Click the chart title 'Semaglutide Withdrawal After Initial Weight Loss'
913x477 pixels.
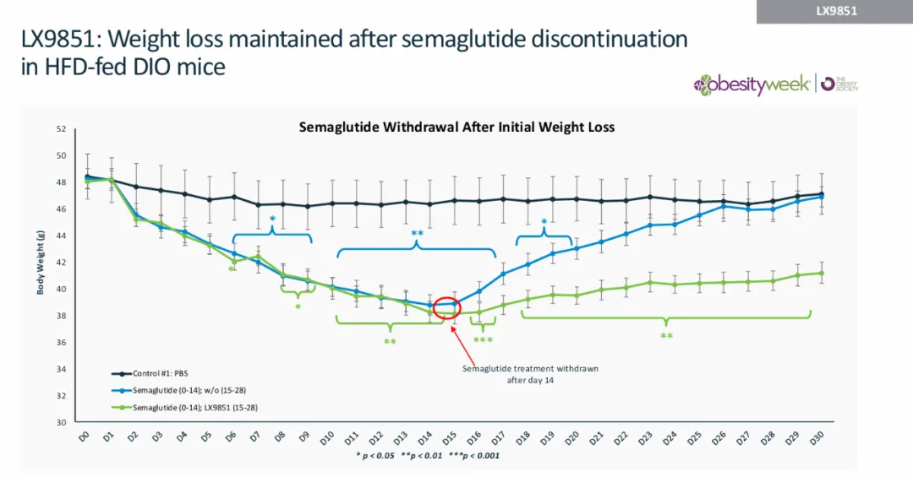point(456,127)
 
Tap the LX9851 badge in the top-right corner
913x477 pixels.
point(835,11)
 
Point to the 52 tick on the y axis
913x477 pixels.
point(60,129)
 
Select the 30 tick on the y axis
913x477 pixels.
point(60,422)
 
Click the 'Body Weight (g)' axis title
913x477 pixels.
point(41,253)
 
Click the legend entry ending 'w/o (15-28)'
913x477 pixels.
point(183,390)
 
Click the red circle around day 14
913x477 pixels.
point(446,308)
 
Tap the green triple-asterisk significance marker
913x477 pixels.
point(483,341)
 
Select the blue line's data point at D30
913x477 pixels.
point(821,196)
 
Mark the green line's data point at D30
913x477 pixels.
point(821,273)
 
